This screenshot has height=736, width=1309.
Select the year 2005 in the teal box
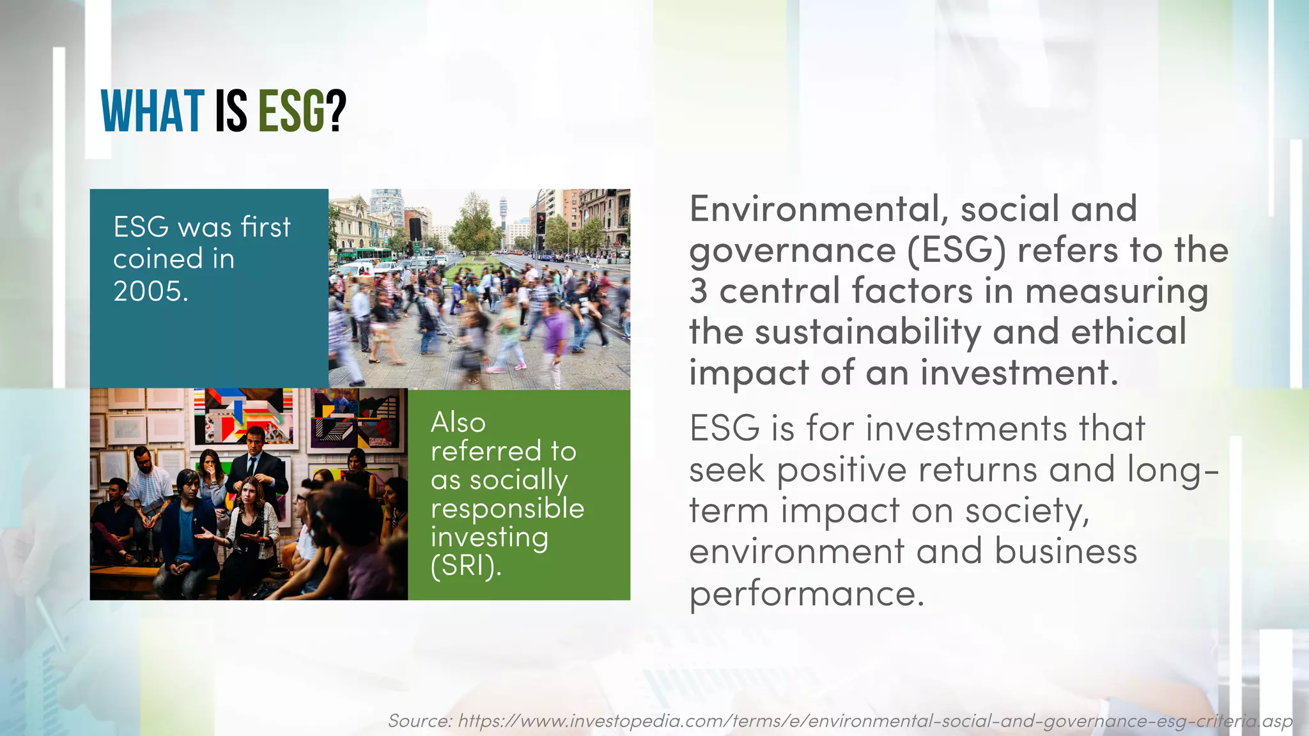pyautogui.click(x=150, y=291)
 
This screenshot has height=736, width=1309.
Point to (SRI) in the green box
pyautogui.click(x=466, y=566)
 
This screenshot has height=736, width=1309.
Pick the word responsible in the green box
pyautogui.click(x=507, y=509)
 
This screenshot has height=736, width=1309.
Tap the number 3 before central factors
pyautogui.click(x=698, y=291)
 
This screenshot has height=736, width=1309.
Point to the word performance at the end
pyautogui.click(x=807, y=594)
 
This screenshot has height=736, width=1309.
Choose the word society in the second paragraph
pyautogui.click(x=1026, y=511)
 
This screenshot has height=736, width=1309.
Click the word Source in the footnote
pyautogui.click(x=419, y=721)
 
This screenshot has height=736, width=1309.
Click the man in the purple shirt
pyautogui.click(x=554, y=329)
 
